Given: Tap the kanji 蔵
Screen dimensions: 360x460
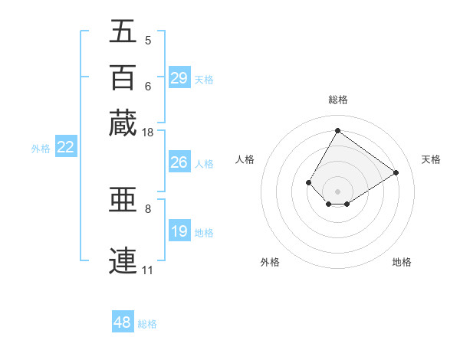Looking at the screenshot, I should pyautogui.click(x=123, y=123).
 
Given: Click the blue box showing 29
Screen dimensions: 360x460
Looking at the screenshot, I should pyautogui.click(x=179, y=78).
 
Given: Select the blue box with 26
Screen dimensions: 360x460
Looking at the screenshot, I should pyautogui.click(x=179, y=162).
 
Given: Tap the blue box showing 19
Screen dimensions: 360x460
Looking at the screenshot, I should pyautogui.click(x=179, y=231).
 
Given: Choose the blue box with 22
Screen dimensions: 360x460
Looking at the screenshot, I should pyautogui.click(x=66, y=147).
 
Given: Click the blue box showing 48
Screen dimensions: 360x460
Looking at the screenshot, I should pyautogui.click(x=123, y=322).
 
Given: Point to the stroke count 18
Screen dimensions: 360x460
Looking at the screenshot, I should pyautogui.click(x=148, y=133).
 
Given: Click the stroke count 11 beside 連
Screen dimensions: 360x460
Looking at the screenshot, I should pyautogui.click(x=147, y=270).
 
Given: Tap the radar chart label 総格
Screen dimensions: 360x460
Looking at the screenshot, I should pyautogui.click(x=337, y=100).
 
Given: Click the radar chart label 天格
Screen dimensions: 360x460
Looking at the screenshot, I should pyautogui.click(x=431, y=159).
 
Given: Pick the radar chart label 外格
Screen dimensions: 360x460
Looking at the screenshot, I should pyautogui.click(x=270, y=262).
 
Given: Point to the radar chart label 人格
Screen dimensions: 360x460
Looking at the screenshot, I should pyautogui.click(x=245, y=159).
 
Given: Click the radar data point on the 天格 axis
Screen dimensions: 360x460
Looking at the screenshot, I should pyautogui.click(x=396, y=172).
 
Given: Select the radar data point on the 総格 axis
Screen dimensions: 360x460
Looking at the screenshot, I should pyautogui.click(x=337, y=130).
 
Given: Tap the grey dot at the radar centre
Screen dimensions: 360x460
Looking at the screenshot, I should pyautogui.click(x=337, y=191).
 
